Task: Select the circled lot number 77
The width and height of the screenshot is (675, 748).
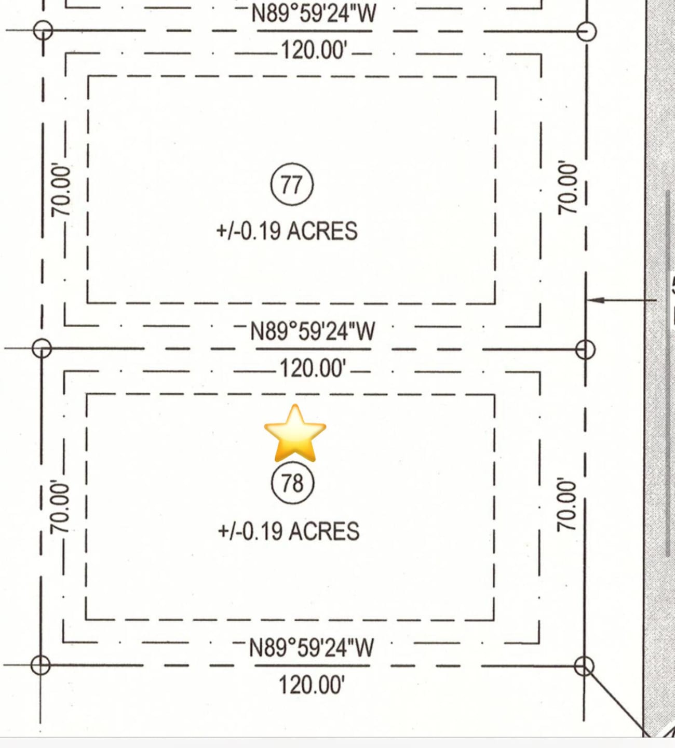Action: (x=292, y=184)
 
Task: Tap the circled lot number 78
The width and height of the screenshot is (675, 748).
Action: (x=292, y=483)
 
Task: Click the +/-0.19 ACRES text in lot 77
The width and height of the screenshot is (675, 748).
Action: (x=287, y=231)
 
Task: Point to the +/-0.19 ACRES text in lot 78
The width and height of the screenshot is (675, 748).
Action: (x=288, y=531)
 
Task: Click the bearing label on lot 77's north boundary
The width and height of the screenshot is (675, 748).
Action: (x=314, y=13)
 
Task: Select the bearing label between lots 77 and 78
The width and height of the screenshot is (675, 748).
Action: (x=313, y=331)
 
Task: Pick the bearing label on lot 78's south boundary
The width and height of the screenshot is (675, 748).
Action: (x=312, y=648)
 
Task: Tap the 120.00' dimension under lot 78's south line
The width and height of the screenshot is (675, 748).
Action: (x=312, y=685)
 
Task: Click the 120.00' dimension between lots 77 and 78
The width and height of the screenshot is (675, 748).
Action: (x=313, y=368)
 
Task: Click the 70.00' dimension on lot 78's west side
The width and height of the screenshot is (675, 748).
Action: (x=60, y=507)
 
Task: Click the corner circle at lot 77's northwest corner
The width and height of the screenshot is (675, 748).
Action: (x=43, y=30)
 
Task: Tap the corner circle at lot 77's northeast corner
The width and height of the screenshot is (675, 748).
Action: (x=587, y=31)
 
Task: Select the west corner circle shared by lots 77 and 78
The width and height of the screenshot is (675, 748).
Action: (x=42, y=348)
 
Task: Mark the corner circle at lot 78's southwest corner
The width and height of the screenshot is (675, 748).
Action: (x=40, y=665)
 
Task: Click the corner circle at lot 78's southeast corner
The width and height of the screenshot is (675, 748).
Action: (x=584, y=666)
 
